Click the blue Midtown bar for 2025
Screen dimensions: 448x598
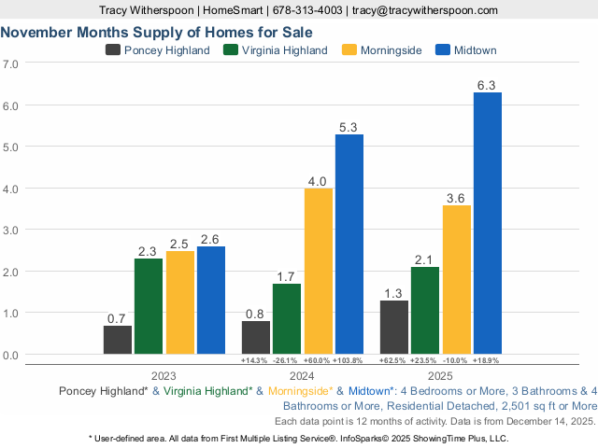(x=488, y=223)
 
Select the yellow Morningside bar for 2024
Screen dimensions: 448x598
(x=319, y=271)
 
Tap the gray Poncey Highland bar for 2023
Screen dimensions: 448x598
(x=118, y=340)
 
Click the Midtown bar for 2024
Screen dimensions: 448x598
(x=349, y=244)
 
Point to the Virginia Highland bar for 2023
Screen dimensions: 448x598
(x=149, y=306)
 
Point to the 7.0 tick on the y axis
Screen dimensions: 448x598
(x=11, y=64)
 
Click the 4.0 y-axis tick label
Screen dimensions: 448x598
(x=11, y=189)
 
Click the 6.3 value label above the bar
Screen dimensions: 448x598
(x=487, y=85)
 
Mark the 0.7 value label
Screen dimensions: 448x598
(x=117, y=318)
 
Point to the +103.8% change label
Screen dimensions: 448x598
(x=349, y=360)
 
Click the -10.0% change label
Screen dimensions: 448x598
(x=456, y=360)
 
